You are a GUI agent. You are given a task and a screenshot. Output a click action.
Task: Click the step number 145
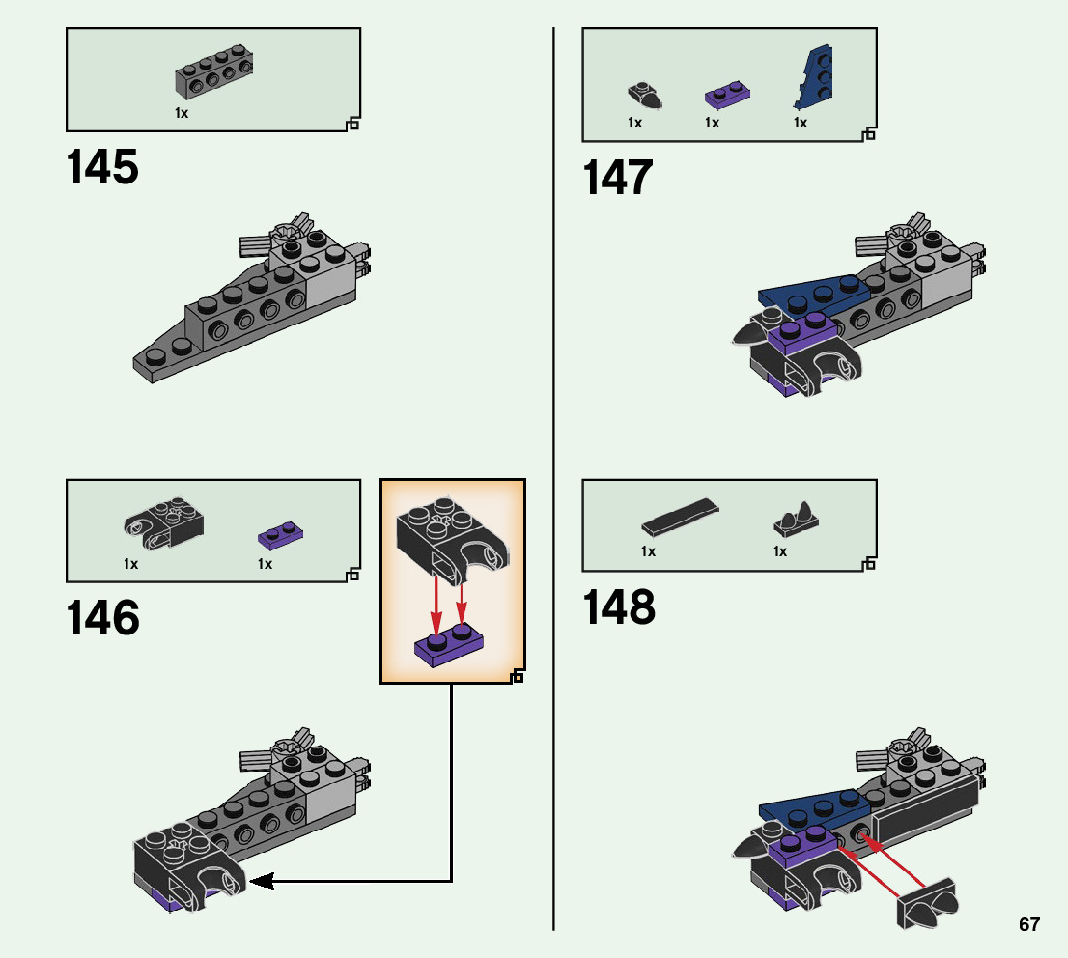click(102, 167)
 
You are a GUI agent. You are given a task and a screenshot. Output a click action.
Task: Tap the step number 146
click(102, 618)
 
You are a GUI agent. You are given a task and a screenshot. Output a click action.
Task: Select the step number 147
click(618, 179)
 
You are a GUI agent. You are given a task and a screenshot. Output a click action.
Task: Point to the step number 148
click(619, 608)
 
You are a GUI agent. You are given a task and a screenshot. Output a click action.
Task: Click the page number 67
click(1029, 924)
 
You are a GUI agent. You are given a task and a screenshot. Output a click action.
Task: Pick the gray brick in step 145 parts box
click(214, 74)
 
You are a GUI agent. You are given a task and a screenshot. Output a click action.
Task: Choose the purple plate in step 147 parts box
click(729, 95)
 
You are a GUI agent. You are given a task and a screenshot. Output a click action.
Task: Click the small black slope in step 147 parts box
click(645, 95)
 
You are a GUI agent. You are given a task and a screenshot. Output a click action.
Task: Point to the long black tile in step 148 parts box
click(680, 517)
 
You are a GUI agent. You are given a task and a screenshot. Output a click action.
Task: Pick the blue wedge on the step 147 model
click(811, 296)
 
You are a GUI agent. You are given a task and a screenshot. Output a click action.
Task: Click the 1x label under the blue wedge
click(800, 123)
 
